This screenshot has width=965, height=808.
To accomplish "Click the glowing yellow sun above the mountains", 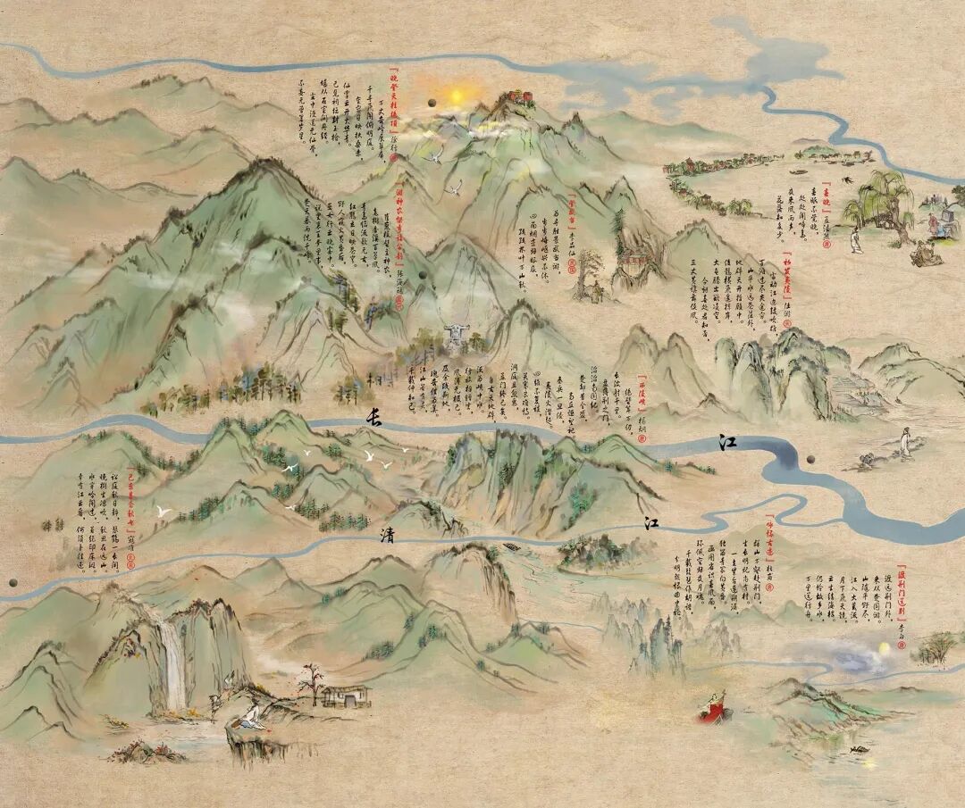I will click(x=457, y=96).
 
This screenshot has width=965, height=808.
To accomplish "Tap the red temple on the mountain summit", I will click(x=514, y=96).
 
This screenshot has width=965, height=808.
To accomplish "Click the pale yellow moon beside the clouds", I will click(x=885, y=646).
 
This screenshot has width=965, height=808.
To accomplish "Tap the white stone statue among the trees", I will click(x=456, y=336).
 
